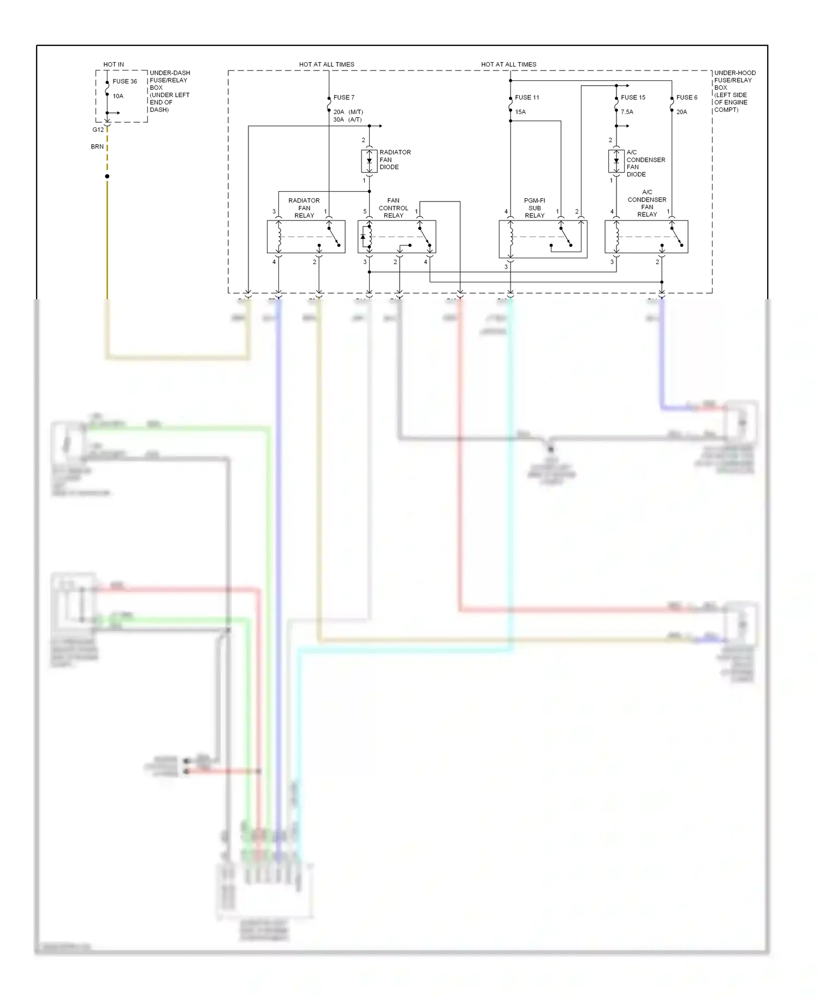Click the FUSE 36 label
tap(124, 81)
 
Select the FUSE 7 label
tap(343, 98)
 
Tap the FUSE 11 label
tap(526, 98)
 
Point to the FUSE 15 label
tap(632, 98)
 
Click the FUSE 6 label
tap(686, 98)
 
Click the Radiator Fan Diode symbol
tap(369, 161)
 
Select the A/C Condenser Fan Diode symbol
tap(616, 161)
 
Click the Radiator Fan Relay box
tap(306, 237)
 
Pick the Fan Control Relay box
tap(396, 237)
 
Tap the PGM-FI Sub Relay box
tap(543, 239)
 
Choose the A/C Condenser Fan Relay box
tap(646, 237)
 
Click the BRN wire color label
tap(97, 147)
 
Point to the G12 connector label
tap(98, 130)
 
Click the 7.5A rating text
tap(627, 112)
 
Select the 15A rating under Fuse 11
tap(520, 112)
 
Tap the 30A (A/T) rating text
tap(347, 120)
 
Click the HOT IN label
tap(114, 64)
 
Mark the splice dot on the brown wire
tap(107, 176)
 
